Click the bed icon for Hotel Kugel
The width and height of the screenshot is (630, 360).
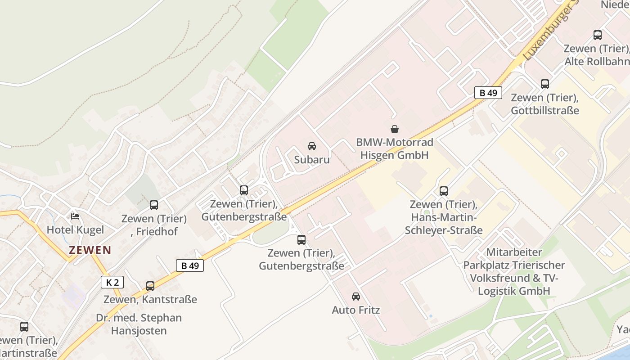click(x=75, y=216)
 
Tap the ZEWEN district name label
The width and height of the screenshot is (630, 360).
click(x=90, y=250)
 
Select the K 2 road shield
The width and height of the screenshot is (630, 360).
click(x=112, y=282)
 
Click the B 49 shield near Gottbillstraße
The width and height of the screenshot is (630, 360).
click(x=488, y=93)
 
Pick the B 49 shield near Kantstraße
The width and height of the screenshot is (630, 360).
click(x=189, y=265)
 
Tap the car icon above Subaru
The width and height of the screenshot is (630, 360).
click(x=311, y=146)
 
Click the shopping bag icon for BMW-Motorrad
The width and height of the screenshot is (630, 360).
click(x=395, y=129)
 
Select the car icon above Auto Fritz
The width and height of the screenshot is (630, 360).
click(x=356, y=297)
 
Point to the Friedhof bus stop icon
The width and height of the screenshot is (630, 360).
click(x=154, y=205)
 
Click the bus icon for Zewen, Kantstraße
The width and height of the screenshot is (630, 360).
click(x=150, y=286)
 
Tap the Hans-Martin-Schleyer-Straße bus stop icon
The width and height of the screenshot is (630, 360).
click(x=444, y=191)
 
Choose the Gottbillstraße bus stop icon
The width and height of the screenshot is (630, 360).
click(x=545, y=84)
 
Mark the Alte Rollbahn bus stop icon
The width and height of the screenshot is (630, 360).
click(x=598, y=35)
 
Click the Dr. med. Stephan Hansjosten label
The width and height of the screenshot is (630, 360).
click(x=139, y=324)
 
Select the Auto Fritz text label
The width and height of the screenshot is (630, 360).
click(x=356, y=310)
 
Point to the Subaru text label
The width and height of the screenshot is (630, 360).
click(x=312, y=160)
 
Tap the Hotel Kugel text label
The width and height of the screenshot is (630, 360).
click(x=75, y=230)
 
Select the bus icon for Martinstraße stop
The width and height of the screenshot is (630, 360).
click(x=24, y=327)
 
